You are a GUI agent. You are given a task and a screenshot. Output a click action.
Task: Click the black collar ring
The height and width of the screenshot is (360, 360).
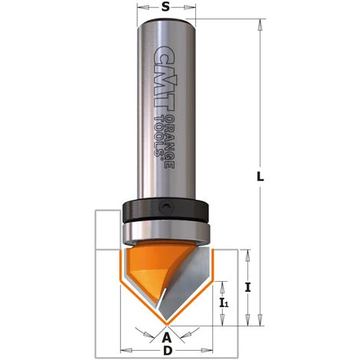(x=165, y=209)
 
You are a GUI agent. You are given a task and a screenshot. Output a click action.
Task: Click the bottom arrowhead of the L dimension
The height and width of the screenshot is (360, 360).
(x=260, y=319)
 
